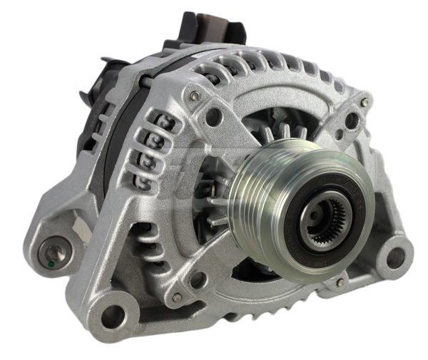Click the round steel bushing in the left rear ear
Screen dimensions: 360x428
tap(53, 252)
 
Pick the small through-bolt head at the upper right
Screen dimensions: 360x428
tap(365, 102)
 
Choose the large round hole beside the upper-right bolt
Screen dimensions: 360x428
tap(351, 120)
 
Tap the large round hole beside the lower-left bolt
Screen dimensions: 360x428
tap(198, 279)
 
